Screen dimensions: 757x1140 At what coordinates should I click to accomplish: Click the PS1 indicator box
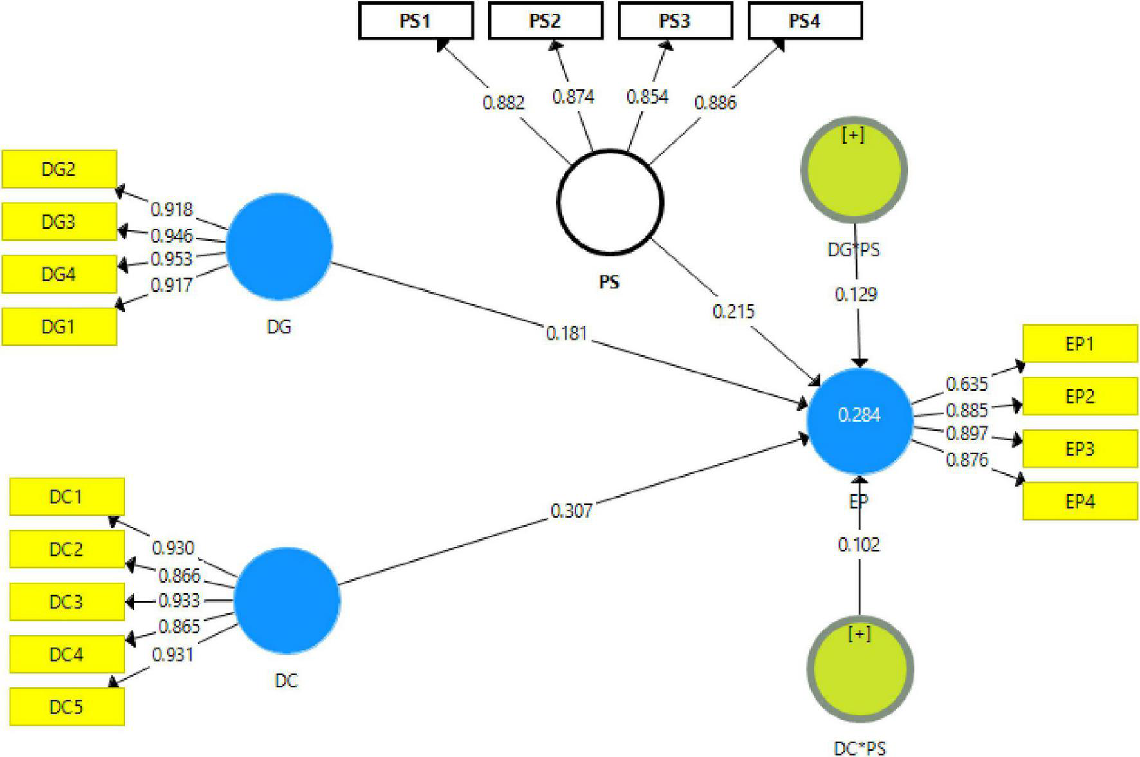click(x=416, y=21)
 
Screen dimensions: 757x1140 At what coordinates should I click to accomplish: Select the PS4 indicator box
click(x=805, y=21)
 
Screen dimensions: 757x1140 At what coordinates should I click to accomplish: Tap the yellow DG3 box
click(x=59, y=222)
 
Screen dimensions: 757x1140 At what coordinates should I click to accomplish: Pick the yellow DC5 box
click(x=67, y=707)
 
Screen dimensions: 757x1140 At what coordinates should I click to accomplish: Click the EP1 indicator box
click(x=1080, y=344)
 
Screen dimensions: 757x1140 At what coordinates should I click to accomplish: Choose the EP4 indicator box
click(x=1080, y=501)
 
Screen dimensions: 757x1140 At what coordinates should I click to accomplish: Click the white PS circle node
click(x=609, y=202)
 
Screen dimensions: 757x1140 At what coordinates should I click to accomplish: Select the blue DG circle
click(x=279, y=246)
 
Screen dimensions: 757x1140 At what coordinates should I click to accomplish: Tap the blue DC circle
click(x=286, y=600)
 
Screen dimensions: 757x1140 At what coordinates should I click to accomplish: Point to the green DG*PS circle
click(x=854, y=169)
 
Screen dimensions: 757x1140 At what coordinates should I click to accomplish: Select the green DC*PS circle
click(x=860, y=669)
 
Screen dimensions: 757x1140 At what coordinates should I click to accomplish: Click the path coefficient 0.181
click(x=566, y=333)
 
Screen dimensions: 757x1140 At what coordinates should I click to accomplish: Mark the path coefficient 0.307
click(x=571, y=511)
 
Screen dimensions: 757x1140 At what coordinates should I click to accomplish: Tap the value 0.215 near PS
click(x=733, y=312)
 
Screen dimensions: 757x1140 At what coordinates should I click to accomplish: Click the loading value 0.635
click(x=966, y=384)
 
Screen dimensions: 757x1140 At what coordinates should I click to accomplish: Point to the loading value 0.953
click(x=171, y=259)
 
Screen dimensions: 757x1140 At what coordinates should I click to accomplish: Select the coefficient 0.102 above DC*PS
click(x=858, y=545)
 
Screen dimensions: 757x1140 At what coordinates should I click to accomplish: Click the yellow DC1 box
click(x=67, y=497)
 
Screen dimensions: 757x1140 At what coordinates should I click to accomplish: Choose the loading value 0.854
click(x=647, y=97)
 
